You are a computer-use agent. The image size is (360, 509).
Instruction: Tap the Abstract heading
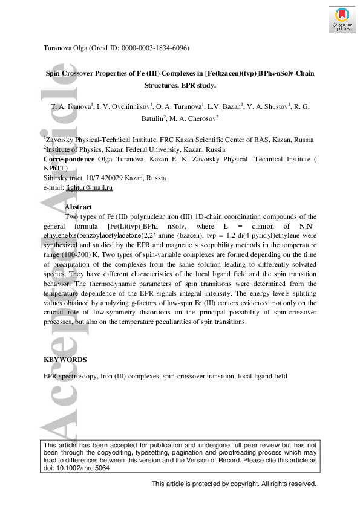pos(78,207)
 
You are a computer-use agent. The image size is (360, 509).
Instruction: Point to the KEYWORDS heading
pos(65,360)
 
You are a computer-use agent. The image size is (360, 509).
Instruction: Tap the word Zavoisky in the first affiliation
pos(65,140)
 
